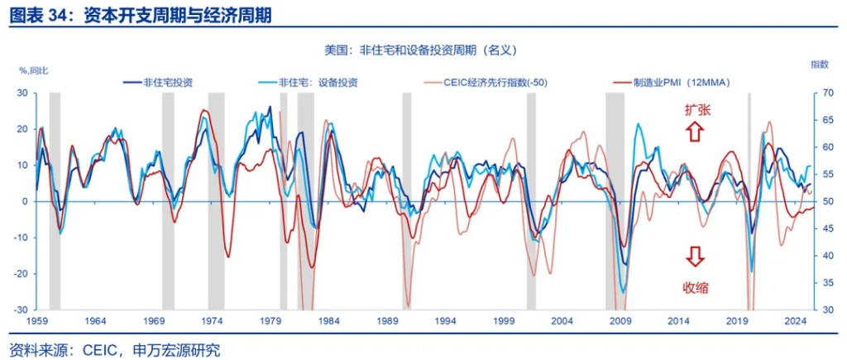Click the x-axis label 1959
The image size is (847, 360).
click(x=36, y=320)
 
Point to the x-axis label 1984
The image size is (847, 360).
click(x=328, y=320)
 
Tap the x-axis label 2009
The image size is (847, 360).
click(x=620, y=320)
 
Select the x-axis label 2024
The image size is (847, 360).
click(x=795, y=320)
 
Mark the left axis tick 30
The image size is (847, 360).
click(x=22, y=94)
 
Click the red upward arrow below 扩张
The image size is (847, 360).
click(x=695, y=131)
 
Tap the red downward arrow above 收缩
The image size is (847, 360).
click(x=695, y=257)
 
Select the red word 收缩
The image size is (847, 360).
click(x=696, y=287)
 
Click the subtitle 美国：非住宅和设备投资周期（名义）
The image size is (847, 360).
click(x=422, y=50)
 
